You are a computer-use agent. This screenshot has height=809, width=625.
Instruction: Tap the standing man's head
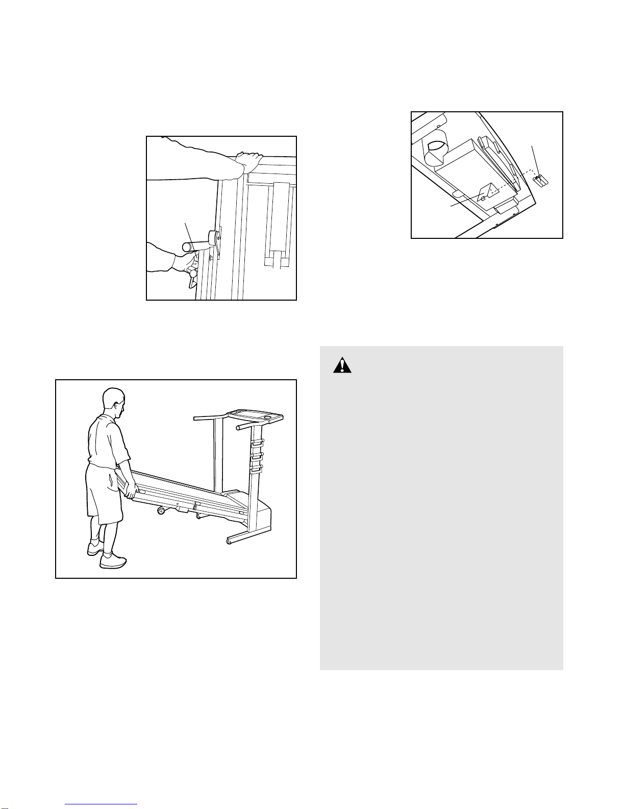pos(113,401)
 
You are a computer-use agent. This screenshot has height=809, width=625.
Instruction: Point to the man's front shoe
pos(113,561)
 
